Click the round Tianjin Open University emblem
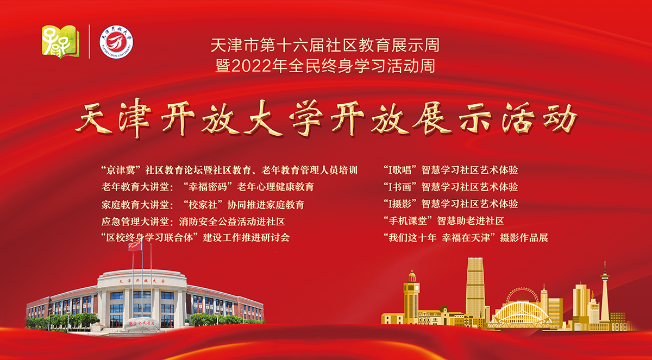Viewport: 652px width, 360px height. point(116,42)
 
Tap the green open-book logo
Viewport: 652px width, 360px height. point(60,42)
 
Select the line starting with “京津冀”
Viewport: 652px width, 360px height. point(229,170)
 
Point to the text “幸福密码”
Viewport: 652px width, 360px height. point(207,187)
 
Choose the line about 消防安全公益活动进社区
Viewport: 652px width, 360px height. point(193,222)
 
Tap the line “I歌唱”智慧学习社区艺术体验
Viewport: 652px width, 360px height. point(450,170)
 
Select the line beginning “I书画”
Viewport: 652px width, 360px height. point(450,187)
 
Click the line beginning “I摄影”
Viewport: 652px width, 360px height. point(450,204)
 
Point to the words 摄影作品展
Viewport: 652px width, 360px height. point(524,238)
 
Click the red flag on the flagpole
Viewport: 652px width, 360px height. point(135,246)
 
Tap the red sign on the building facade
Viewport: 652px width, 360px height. point(142,281)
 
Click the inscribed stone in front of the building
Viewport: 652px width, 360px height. point(142,324)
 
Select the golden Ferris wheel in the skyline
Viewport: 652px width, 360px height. point(522,297)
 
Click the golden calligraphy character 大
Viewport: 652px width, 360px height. point(263,118)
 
